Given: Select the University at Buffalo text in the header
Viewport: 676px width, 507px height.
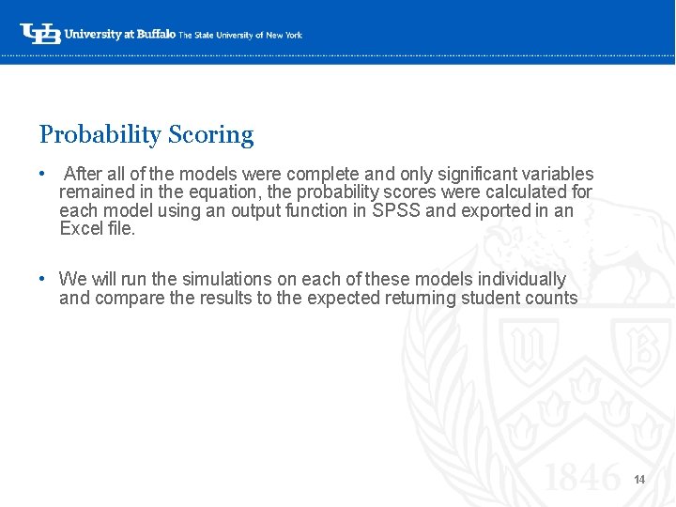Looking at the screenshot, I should coord(119,35).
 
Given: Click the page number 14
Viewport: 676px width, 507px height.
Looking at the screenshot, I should coord(639,480).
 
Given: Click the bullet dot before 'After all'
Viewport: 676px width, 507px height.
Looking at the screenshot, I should coord(43,175).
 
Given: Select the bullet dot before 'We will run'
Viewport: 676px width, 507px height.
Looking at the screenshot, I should coord(43,280).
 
